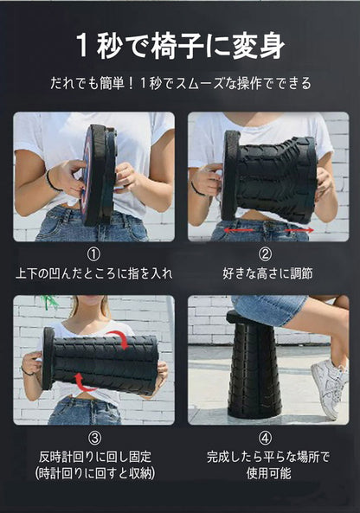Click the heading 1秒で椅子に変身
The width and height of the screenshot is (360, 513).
(180, 46)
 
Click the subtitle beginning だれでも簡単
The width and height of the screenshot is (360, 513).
(180, 85)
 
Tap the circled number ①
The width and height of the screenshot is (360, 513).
(93, 254)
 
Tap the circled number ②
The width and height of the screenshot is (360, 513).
(266, 254)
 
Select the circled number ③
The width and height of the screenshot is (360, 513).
(93, 438)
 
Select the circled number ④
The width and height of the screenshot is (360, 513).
(266, 438)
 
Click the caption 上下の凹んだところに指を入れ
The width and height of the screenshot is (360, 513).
(93, 273)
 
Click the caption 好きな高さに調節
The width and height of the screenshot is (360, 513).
(266, 273)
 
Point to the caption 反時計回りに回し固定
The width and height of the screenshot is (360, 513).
(93, 457)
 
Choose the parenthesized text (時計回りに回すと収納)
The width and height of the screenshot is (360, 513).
(93, 475)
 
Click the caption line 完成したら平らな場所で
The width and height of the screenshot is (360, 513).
(266, 457)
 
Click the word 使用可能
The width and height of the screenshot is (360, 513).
(266, 475)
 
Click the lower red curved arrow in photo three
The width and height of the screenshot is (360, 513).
(83, 380)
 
